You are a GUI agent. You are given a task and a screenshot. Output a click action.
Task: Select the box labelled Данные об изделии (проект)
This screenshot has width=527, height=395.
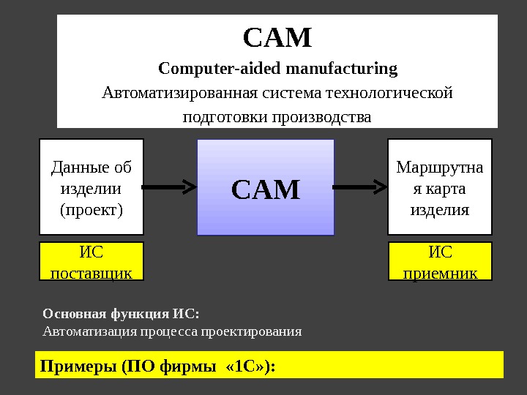pyautogui.click(x=91, y=187)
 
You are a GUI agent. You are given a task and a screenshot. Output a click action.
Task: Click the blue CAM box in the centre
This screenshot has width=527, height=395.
pyautogui.click(x=266, y=188)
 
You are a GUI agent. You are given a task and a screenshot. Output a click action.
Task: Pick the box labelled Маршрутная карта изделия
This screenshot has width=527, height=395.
pyautogui.click(x=439, y=187)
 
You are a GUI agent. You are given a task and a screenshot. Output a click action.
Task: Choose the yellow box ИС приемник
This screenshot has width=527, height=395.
pyautogui.click(x=440, y=263)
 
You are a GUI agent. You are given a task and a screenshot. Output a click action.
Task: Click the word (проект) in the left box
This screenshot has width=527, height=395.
pyautogui.click(x=91, y=210)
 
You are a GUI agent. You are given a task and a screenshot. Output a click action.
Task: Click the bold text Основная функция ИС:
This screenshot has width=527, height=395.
pyautogui.click(x=121, y=314)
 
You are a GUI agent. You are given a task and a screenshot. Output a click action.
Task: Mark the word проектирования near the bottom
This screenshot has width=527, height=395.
pyautogui.click(x=259, y=331)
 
